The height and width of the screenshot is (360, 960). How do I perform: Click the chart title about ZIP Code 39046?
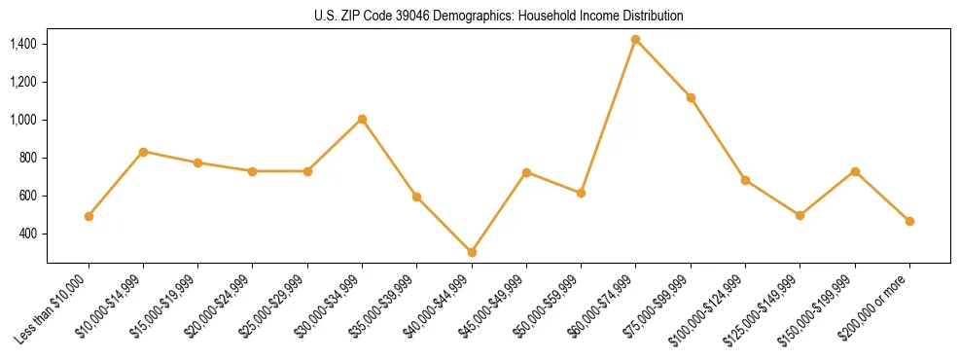tap(499, 16)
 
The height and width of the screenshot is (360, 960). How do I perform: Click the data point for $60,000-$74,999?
tap(635, 40)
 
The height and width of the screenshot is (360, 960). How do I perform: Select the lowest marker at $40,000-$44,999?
tap(472, 252)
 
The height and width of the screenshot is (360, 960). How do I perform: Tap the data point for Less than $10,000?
tap(89, 216)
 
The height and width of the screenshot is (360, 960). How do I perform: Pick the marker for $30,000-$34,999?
tap(362, 119)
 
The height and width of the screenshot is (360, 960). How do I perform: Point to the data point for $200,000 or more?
tap(909, 221)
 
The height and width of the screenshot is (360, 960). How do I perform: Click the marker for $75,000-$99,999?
tap(691, 97)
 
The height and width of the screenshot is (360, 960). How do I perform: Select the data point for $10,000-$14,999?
tap(143, 152)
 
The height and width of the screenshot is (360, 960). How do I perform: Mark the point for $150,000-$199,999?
tap(855, 171)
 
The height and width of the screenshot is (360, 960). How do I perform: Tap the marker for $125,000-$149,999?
tap(800, 215)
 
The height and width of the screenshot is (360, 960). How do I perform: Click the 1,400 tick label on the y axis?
tap(22, 44)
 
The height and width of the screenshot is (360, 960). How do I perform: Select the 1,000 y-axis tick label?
tap(22, 120)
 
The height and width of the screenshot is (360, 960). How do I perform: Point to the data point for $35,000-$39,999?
tap(416, 197)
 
